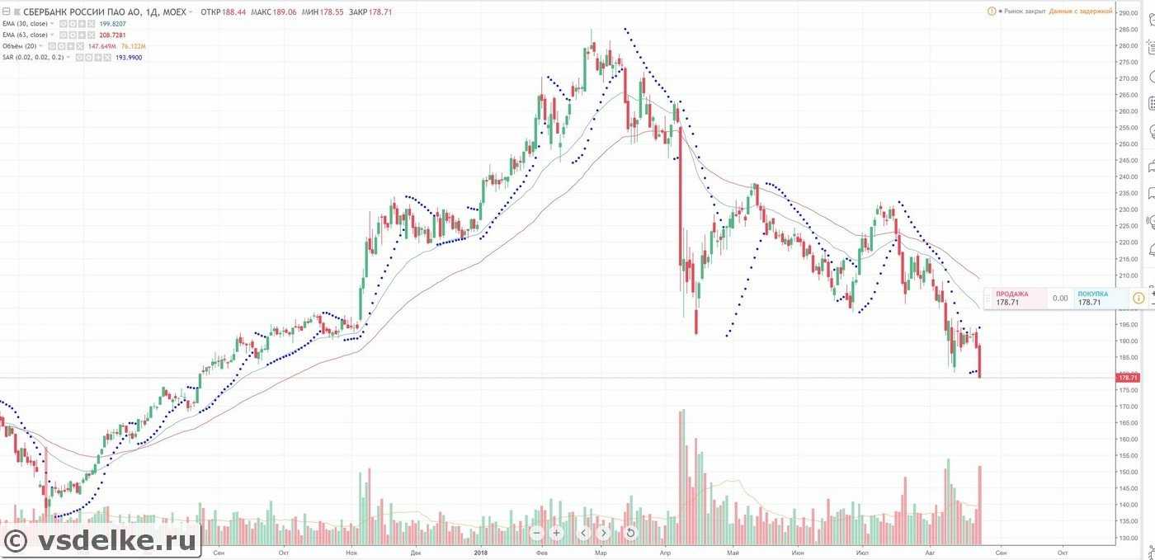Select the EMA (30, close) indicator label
[x=26, y=24]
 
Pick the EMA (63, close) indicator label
[x=26, y=35]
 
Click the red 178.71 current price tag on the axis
[x=1127, y=378]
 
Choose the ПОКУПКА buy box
[x=1097, y=298]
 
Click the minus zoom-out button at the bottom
[x=536, y=533]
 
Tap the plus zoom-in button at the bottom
[x=557, y=533]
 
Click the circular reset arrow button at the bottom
[x=630, y=533]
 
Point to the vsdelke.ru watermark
[x=101, y=541]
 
